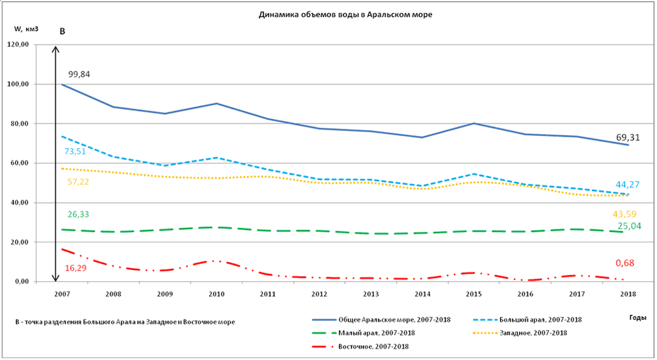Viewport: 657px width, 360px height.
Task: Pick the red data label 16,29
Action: click(76, 268)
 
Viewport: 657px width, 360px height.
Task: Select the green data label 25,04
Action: click(629, 226)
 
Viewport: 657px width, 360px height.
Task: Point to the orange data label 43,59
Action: click(624, 214)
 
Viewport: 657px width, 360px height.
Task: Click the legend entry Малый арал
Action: click(374, 333)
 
